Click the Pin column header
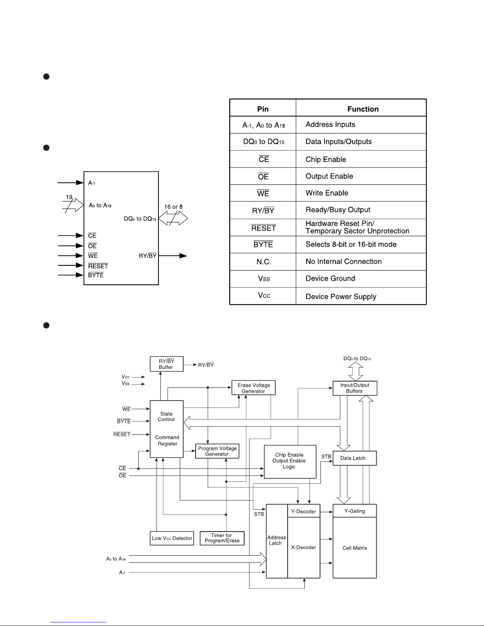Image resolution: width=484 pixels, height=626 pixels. [x=263, y=109]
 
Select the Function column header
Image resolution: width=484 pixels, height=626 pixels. [x=363, y=109]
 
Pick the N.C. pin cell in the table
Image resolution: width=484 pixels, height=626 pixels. [x=263, y=261]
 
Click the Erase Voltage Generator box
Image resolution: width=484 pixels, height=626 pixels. [x=254, y=388]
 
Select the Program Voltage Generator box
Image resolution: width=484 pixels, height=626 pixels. [x=217, y=451]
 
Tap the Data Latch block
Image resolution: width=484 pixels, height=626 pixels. [x=355, y=458]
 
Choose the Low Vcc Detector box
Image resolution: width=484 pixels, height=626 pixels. [x=172, y=538]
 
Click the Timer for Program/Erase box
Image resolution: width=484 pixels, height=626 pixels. [x=222, y=538]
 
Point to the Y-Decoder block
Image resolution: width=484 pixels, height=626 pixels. [x=304, y=511]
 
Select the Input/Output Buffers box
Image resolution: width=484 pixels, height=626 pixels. [x=355, y=388]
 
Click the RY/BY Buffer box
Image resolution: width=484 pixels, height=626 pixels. [x=166, y=364]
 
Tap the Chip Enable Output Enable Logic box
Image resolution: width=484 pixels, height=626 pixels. [x=290, y=462]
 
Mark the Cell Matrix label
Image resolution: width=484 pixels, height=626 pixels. [x=355, y=548]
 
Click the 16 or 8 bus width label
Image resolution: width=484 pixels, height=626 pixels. [x=173, y=207]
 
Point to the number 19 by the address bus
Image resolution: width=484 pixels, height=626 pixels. [x=69, y=197]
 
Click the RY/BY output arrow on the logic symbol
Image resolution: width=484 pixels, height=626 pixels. [x=173, y=256]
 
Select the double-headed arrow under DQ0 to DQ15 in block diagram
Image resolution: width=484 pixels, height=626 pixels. [x=356, y=371]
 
